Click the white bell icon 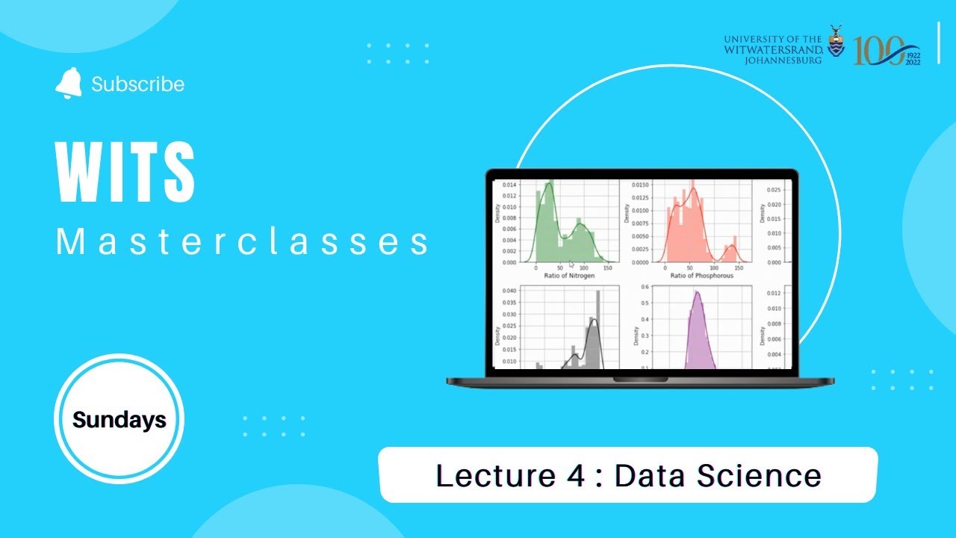(x=68, y=84)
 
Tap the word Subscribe (x=137, y=84)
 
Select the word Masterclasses (x=243, y=243)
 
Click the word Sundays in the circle (x=119, y=420)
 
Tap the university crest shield (x=836, y=46)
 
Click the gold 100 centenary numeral (x=878, y=50)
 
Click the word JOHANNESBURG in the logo (x=783, y=61)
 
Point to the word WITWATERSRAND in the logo (x=773, y=49)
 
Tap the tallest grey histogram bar (x=597, y=329)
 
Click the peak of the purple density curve (x=697, y=292)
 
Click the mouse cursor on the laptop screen (x=571, y=264)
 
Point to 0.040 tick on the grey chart (x=508, y=291)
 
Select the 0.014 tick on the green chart (x=508, y=184)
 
